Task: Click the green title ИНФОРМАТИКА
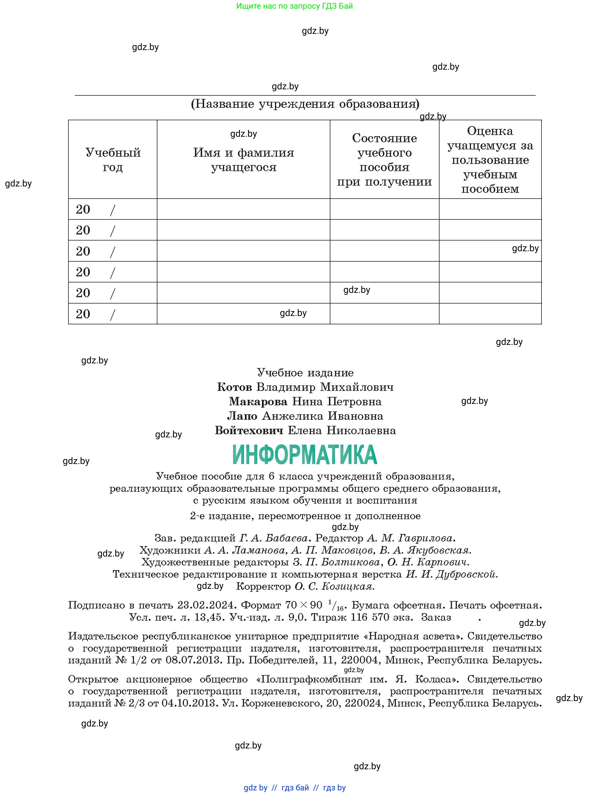coord(305,454)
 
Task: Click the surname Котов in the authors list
coord(235,387)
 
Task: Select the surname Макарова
coord(258,402)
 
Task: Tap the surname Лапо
coord(242,416)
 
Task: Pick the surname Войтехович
coord(249,430)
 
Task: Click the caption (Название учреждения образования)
coord(305,104)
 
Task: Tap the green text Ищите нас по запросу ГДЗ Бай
coord(294,6)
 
